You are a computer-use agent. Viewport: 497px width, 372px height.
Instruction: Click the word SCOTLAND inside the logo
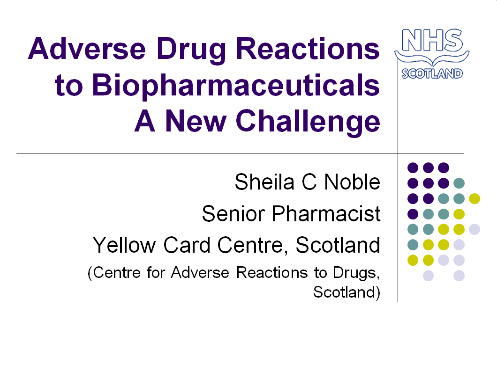pos(432,73)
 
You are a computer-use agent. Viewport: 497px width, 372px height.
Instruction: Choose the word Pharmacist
pos(327,214)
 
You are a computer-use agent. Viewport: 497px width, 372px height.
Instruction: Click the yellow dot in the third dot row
pos(474,198)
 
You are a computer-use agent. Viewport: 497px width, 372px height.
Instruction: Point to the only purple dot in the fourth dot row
pos(413,214)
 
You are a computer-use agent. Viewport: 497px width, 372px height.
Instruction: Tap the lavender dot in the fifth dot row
pos(474,229)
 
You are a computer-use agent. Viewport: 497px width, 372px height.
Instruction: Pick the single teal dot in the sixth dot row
pos(413,244)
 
